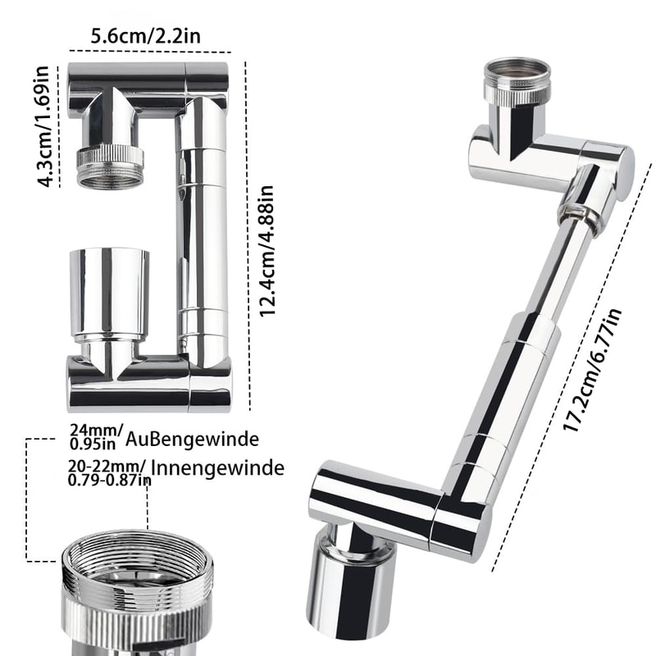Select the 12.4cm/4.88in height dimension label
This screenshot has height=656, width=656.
pos(266,250)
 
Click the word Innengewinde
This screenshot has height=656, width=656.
pos(217,468)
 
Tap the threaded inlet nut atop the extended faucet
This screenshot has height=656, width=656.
pos(516,80)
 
